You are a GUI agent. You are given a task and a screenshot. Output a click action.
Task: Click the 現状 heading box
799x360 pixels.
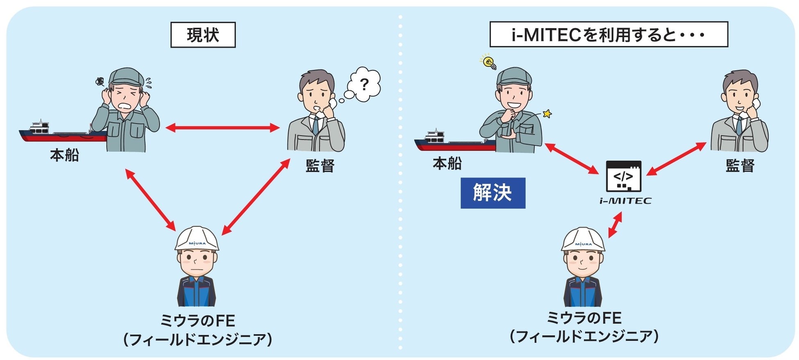pos(203,35)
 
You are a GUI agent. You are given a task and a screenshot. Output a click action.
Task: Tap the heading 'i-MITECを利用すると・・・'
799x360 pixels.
pos(608,35)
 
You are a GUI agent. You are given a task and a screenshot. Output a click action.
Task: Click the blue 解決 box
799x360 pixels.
pos(493,193)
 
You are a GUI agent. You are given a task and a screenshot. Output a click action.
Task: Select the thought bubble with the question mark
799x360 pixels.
pos(363,85)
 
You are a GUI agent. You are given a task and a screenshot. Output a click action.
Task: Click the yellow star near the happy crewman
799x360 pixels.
pos(547,113)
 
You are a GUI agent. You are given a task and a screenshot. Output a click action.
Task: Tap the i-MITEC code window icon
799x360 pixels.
pos(623,177)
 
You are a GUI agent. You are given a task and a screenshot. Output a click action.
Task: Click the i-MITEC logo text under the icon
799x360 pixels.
pos(625,201)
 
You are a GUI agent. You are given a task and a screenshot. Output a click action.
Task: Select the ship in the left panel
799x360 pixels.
pos(61,132)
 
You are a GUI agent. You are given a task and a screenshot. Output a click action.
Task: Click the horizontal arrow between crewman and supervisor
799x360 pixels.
pos(222,128)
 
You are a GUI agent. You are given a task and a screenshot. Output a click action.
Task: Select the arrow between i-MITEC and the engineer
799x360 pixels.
pos(615,225)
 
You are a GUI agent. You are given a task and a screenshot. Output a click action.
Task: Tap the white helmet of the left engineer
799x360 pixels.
pos(197,239)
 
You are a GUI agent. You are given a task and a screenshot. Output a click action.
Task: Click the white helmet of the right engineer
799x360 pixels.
pos(583,240)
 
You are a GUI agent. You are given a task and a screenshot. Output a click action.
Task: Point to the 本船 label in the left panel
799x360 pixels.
pos(64,156)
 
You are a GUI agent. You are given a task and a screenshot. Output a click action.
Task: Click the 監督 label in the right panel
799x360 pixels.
pos(740,165)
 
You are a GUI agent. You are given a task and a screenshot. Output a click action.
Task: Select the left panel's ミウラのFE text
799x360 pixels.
pos(197,321)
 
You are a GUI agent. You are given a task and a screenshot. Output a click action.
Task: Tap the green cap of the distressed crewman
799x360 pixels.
pos(126,77)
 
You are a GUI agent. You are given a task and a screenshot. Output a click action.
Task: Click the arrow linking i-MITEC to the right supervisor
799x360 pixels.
pos(676,159)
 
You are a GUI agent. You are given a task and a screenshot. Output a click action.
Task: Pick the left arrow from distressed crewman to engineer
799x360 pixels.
pos(150,200)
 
